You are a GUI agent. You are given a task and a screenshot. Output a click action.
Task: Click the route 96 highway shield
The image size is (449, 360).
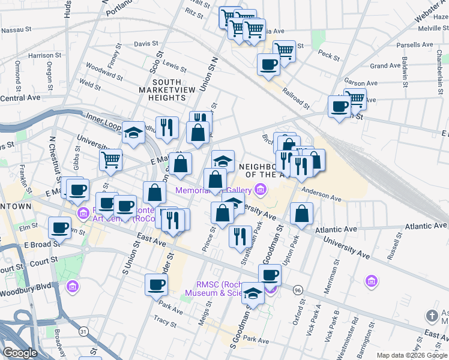pyautogui.click(x=298, y=290)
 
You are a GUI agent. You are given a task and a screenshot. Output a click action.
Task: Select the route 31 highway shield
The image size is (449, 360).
pyautogui.click(x=83, y=331)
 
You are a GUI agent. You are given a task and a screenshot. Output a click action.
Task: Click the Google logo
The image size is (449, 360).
pyautogui.click(x=20, y=353)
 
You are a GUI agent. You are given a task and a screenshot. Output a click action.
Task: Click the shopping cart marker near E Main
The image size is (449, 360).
pyautogui.click(x=111, y=160)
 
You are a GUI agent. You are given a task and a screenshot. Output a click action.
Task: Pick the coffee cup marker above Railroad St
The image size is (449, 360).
pyautogui.click(x=268, y=64)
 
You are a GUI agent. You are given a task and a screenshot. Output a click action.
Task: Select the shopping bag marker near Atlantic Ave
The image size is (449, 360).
pyautogui.click(x=301, y=214)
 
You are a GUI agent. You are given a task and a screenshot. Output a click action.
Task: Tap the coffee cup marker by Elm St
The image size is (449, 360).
pyautogui.click(x=60, y=228)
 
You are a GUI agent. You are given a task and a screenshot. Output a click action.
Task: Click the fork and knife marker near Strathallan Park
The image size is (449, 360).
pyautogui.click(x=240, y=235)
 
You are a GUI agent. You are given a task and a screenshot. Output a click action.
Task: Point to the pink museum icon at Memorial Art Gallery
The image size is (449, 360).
pyautogui.click(x=260, y=191)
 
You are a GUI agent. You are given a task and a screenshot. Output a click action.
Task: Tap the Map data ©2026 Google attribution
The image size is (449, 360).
pyautogui.click(x=412, y=355)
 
